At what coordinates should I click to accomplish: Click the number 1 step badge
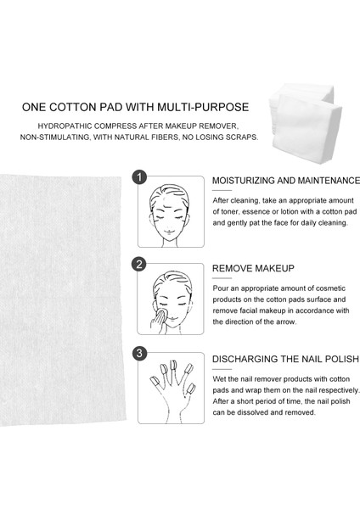coord(139,177)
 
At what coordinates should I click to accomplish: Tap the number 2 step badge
coord(139,265)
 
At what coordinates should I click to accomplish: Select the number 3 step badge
coord(139,353)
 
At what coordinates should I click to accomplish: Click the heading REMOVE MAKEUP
coord(253,268)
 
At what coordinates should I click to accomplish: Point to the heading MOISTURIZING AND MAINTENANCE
coord(286,181)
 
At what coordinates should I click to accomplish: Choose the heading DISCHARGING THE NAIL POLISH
coord(285,359)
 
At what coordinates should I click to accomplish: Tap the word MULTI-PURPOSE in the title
coord(203,107)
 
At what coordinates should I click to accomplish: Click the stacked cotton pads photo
coord(305,123)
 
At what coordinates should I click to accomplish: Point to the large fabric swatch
coord(62,300)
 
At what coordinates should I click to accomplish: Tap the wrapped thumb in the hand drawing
coord(155,381)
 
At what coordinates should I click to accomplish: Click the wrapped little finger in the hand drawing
coord(190,389)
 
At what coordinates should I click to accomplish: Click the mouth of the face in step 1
coord(169,231)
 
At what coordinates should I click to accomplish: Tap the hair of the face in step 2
coord(172,282)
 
